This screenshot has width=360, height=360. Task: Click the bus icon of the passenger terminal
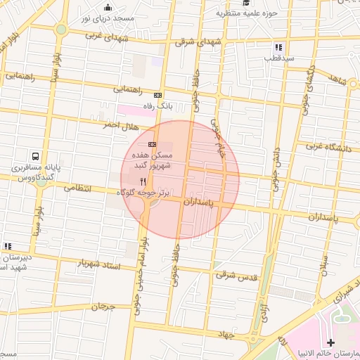click(x=36, y=157)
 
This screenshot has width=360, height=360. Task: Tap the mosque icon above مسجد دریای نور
click(x=108, y=8)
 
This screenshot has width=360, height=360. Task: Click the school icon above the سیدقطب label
click(x=278, y=47)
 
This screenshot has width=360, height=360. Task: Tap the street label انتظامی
click(x=78, y=188)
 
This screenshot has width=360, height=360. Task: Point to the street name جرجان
click(x=102, y=307)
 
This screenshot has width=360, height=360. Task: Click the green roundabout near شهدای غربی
click(x=61, y=30)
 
